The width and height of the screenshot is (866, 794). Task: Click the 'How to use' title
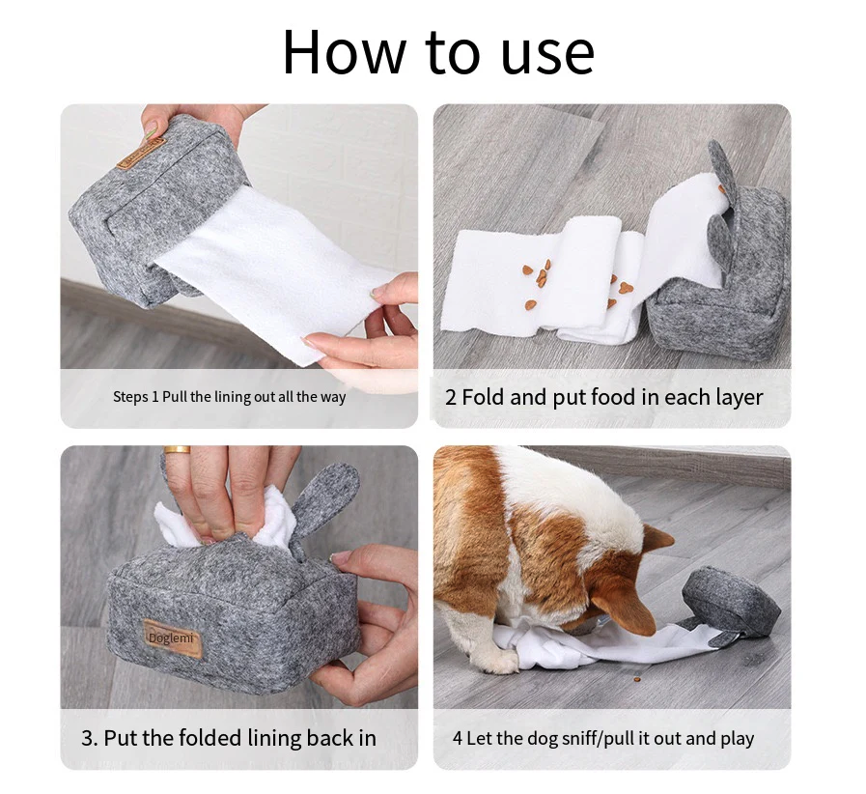(438, 51)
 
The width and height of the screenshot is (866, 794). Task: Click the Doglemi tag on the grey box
(171, 639)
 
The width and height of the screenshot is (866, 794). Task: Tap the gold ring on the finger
(177, 450)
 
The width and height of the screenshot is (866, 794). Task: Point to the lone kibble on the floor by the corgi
(638, 678)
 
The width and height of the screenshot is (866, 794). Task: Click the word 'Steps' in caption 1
(130, 397)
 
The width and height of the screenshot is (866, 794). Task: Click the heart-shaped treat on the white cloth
(626, 288)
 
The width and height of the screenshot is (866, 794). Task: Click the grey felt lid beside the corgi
(731, 602)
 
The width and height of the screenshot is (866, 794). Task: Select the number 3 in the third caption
(87, 739)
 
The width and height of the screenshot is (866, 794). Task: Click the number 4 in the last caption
(458, 738)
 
